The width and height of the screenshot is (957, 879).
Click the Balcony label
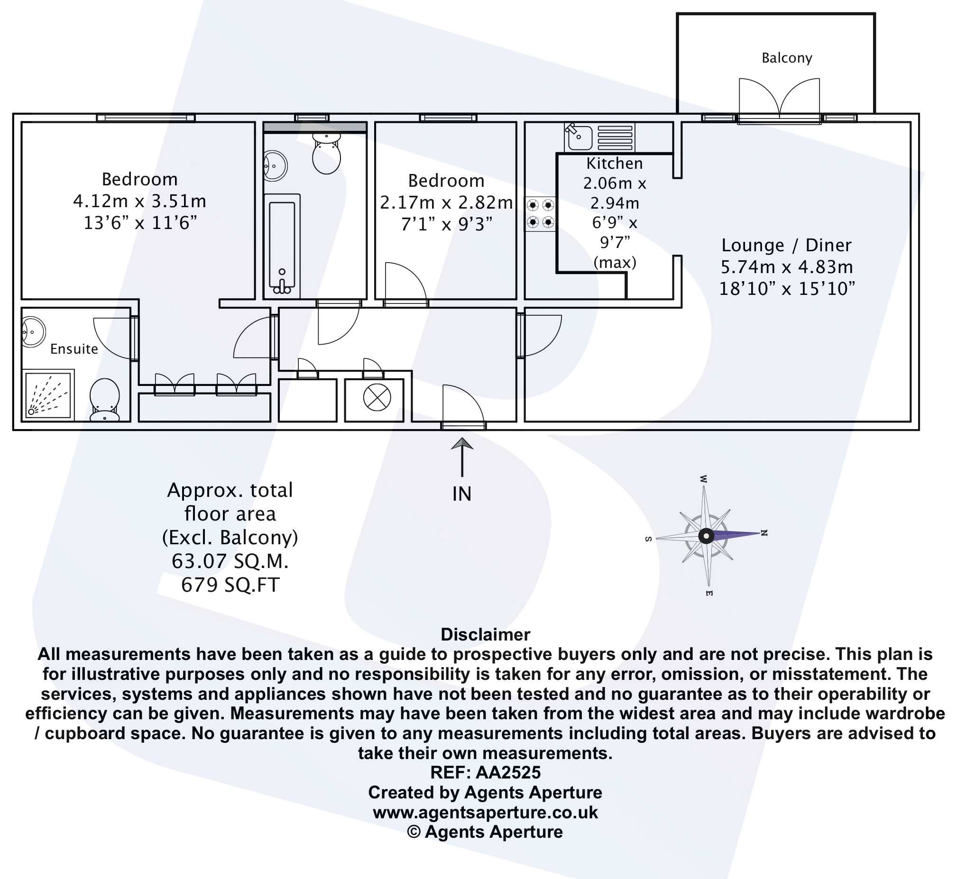point(787,58)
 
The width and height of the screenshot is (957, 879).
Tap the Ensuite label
point(74,348)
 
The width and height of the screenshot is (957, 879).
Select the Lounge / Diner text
point(786,245)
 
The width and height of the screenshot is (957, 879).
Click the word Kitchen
point(615,163)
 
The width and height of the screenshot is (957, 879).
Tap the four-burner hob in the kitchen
point(540,213)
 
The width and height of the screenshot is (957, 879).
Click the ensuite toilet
point(105,399)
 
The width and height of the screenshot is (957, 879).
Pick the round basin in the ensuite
point(33,331)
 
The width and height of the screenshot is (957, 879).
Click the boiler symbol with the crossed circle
point(377,398)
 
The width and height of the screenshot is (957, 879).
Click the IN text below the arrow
point(462,494)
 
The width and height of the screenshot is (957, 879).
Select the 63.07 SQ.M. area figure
point(230,561)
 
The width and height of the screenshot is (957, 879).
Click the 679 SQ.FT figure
point(230,585)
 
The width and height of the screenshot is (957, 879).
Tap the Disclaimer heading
point(485,634)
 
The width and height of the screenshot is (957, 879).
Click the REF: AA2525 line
point(485,772)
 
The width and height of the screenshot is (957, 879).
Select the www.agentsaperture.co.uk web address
point(485,812)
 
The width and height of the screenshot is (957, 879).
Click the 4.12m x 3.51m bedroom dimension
point(139,201)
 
